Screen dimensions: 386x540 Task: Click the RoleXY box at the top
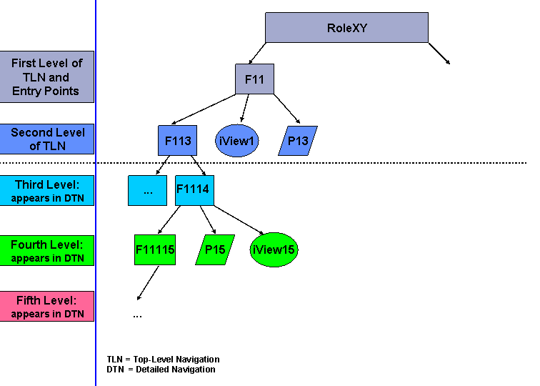click(x=346, y=28)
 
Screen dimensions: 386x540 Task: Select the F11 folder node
click(x=254, y=79)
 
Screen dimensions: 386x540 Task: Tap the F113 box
click(x=177, y=141)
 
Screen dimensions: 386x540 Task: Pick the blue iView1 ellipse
click(x=236, y=141)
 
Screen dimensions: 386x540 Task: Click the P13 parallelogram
click(x=298, y=141)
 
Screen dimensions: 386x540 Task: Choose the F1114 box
click(x=194, y=190)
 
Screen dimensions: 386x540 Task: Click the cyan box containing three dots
click(x=147, y=190)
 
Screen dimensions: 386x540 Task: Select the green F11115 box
click(x=154, y=249)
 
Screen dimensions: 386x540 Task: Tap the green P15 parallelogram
click(x=215, y=249)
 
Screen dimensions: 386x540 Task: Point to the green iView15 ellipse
click(x=274, y=249)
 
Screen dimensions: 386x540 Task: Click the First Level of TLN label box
click(x=46, y=77)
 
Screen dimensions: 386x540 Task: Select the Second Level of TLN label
click(x=47, y=139)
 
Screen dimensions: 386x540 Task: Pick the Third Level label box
click(x=46, y=192)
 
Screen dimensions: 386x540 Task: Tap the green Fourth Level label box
click(x=46, y=251)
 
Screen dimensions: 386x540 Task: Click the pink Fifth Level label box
click(x=46, y=306)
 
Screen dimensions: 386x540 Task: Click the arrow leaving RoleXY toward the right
click(x=439, y=54)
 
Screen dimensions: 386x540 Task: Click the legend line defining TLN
click(x=164, y=359)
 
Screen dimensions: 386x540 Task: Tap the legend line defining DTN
click(x=161, y=369)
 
